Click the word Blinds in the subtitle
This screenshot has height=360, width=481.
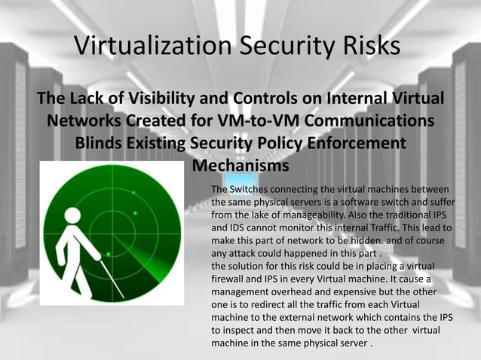pyautogui.click(x=99, y=142)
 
